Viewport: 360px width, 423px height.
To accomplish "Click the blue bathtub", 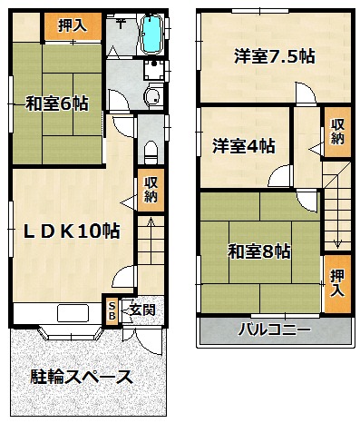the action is (x=151, y=34).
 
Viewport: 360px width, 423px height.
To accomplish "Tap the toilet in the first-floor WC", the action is (x=151, y=152).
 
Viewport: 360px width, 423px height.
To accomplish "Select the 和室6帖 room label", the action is (x=57, y=103).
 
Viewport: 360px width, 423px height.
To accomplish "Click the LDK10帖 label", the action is (x=72, y=231).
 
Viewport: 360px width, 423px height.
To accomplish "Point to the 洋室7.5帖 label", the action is (x=275, y=56).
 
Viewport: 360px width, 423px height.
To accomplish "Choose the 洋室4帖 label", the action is (x=244, y=146).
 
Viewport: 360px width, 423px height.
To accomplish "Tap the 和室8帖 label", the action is (x=259, y=251).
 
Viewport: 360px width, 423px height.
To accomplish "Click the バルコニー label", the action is (x=274, y=330).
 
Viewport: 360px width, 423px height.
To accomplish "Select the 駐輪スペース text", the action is (x=81, y=377).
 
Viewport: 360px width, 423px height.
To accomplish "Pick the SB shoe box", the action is (x=112, y=311).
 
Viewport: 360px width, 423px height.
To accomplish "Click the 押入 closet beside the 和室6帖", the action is (x=73, y=25).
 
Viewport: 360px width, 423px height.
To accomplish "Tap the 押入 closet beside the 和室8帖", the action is (x=337, y=283).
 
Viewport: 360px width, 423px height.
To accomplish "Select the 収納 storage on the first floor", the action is (x=151, y=190).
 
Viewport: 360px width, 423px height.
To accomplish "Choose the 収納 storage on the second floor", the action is (x=337, y=132).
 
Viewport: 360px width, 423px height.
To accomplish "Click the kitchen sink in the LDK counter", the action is (x=73, y=313).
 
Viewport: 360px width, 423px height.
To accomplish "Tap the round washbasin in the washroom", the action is (x=152, y=96).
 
